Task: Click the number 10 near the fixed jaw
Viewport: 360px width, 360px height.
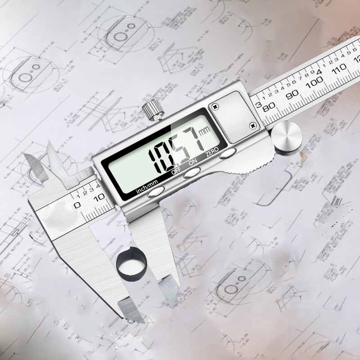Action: [x=99, y=196]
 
